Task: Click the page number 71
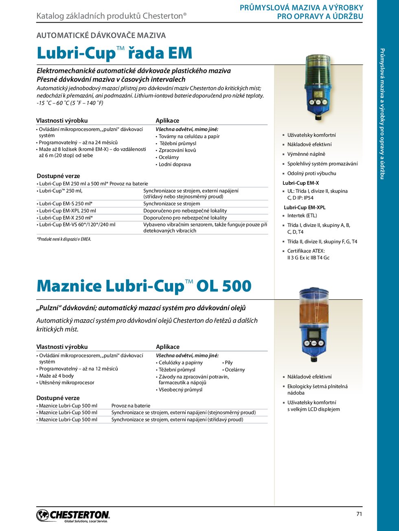pyautogui.click(x=359, y=514)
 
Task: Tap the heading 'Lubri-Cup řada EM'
pyautogui.click(x=114, y=53)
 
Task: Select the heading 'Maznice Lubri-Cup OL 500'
pyautogui.click(x=144, y=286)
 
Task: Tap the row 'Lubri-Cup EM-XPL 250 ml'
pyautogui.click(x=68, y=211)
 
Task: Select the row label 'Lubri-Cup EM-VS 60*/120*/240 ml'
pyautogui.click(x=77, y=224)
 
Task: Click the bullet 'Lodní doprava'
pyautogui.click(x=175, y=164)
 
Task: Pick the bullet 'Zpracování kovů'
pyautogui.click(x=177, y=150)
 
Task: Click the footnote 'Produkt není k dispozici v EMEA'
pyautogui.click(x=64, y=239)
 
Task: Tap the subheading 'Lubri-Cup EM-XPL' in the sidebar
pyautogui.click(x=305, y=207)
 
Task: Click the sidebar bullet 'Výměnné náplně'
pyautogui.click(x=306, y=154)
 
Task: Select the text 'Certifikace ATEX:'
pyautogui.click(x=306, y=251)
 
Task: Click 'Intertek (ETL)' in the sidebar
pyautogui.click(x=302, y=215)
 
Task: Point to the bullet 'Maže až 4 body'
pyautogui.click(x=56, y=376)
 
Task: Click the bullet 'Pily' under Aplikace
pyautogui.click(x=228, y=362)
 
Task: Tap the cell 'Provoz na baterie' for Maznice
pyautogui.click(x=131, y=405)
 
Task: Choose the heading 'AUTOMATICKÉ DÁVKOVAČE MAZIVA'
pyautogui.click(x=101, y=35)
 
